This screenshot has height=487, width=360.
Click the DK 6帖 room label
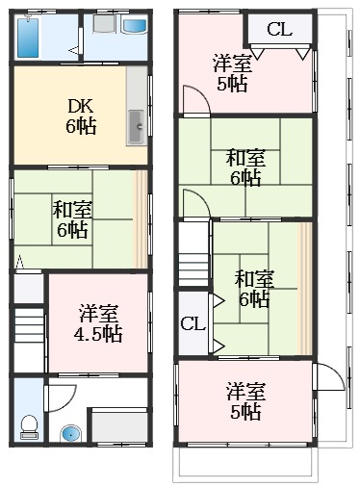pyautogui.click(x=81, y=116)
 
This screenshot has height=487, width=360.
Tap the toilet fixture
pyautogui.click(x=29, y=427)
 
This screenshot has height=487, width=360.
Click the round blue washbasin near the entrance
pyautogui.click(x=71, y=434)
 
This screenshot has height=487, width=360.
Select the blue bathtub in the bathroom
pyautogui.click(x=28, y=38)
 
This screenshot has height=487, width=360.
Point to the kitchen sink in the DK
pyautogui.click(x=137, y=126)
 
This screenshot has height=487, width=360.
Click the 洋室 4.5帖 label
pyautogui.click(x=98, y=323)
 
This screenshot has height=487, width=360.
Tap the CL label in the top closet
pyautogui.click(x=279, y=29)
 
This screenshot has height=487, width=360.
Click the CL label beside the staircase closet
pyautogui.click(x=193, y=323)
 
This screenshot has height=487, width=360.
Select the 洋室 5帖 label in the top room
pyautogui.click(x=232, y=73)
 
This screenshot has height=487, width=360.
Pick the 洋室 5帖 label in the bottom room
pyautogui.click(x=245, y=401)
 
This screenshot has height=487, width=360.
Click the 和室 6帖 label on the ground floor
pyautogui.click(x=72, y=219)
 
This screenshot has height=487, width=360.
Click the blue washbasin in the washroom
pyautogui.click(x=135, y=26)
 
